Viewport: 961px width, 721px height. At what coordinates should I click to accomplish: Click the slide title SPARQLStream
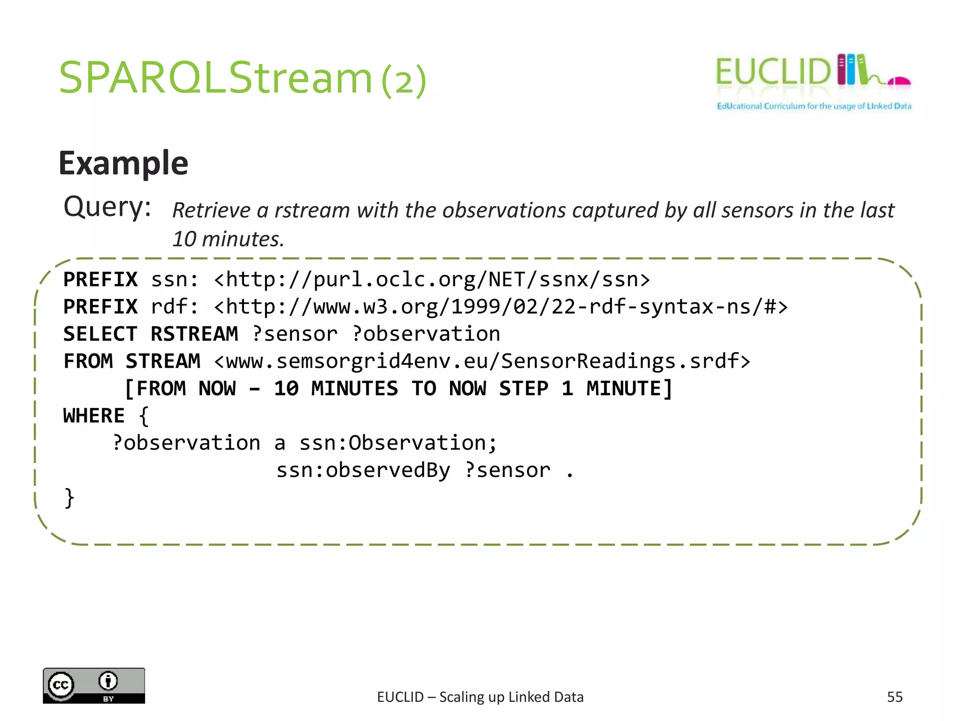click(216, 78)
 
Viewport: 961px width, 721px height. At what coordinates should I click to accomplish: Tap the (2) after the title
click(404, 81)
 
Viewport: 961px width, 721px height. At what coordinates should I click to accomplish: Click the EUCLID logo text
click(773, 72)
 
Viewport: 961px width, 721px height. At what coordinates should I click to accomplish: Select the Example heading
click(123, 163)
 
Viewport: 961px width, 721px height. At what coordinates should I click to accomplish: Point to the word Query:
click(107, 207)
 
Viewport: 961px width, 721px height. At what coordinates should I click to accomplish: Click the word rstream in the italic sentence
click(312, 210)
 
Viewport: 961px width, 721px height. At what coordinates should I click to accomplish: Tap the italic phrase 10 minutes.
click(228, 239)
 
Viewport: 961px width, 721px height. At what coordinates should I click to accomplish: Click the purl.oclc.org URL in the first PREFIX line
click(432, 280)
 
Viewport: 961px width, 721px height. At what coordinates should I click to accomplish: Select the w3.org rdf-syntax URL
click(501, 307)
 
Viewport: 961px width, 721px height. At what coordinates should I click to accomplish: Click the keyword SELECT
click(100, 334)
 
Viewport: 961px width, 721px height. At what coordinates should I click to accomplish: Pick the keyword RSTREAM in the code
click(194, 334)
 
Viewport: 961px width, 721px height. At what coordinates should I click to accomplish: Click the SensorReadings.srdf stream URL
click(482, 361)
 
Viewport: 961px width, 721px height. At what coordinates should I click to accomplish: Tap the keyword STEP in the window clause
click(524, 389)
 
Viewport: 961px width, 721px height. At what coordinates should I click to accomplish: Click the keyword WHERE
click(94, 416)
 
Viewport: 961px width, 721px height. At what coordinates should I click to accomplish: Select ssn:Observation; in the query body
click(398, 443)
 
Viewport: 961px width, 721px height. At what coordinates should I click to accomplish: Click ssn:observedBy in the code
click(364, 470)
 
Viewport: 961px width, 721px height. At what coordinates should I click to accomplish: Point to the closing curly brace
click(69, 498)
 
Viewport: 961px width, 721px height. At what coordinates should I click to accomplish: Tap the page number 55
click(894, 697)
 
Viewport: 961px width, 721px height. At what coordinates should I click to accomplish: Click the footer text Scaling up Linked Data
click(511, 697)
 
